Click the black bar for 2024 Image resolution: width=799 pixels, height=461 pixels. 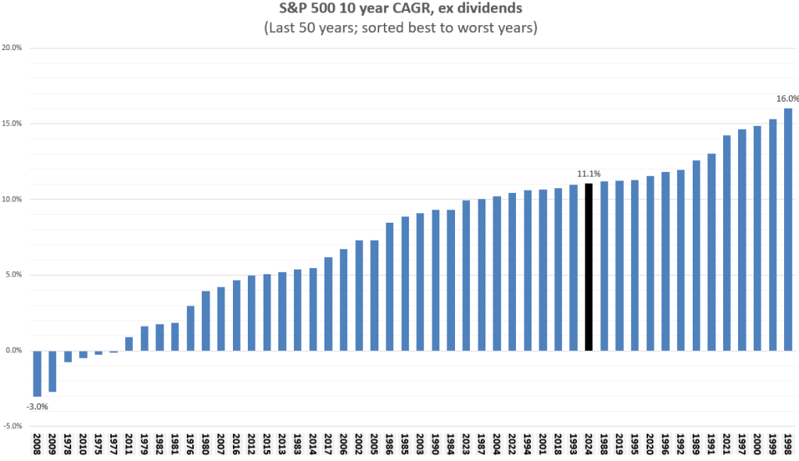(x=589, y=266)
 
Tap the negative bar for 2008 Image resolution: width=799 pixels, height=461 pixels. (x=37, y=373)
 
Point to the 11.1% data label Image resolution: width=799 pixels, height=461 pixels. (x=588, y=174)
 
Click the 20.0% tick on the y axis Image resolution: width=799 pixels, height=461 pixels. (x=12, y=48)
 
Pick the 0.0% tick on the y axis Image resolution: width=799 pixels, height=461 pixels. (x=13, y=351)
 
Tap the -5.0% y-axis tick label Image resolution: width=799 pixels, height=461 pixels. (x=12, y=427)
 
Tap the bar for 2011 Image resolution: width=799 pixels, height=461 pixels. (x=129, y=344)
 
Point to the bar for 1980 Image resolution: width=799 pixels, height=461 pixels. (x=206, y=321)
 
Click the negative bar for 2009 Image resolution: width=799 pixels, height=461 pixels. (x=52, y=371)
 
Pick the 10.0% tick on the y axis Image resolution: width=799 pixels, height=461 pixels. (x=12, y=199)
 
